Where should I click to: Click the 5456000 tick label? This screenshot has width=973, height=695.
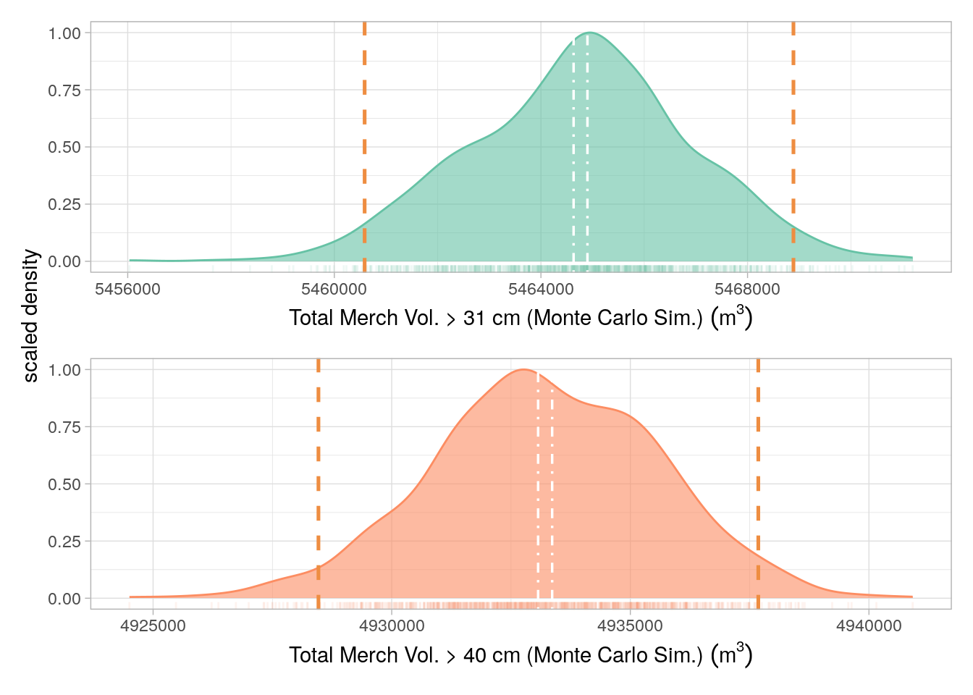(127, 290)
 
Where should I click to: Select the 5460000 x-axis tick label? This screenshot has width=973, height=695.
(334, 290)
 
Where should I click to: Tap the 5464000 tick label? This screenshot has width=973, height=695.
(541, 290)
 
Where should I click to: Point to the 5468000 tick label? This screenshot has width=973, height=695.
(747, 290)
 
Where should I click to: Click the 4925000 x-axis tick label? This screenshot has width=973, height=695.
(153, 626)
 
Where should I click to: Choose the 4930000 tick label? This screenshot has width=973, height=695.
(392, 626)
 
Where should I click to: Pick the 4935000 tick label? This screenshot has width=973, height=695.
(630, 626)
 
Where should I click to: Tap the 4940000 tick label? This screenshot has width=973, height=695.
(869, 626)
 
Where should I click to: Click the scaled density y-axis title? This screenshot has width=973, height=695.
(30, 316)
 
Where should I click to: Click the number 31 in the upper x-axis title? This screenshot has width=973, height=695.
(474, 319)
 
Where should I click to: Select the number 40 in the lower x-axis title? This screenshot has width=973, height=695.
(475, 655)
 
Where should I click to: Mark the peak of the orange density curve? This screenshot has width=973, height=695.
(523, 370)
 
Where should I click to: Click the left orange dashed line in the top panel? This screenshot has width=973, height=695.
(364, 145)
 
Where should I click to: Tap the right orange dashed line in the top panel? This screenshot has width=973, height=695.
(793, 145)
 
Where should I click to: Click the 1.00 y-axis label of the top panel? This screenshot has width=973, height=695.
(64, 33)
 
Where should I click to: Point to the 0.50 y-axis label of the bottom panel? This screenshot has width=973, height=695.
(64, 484)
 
